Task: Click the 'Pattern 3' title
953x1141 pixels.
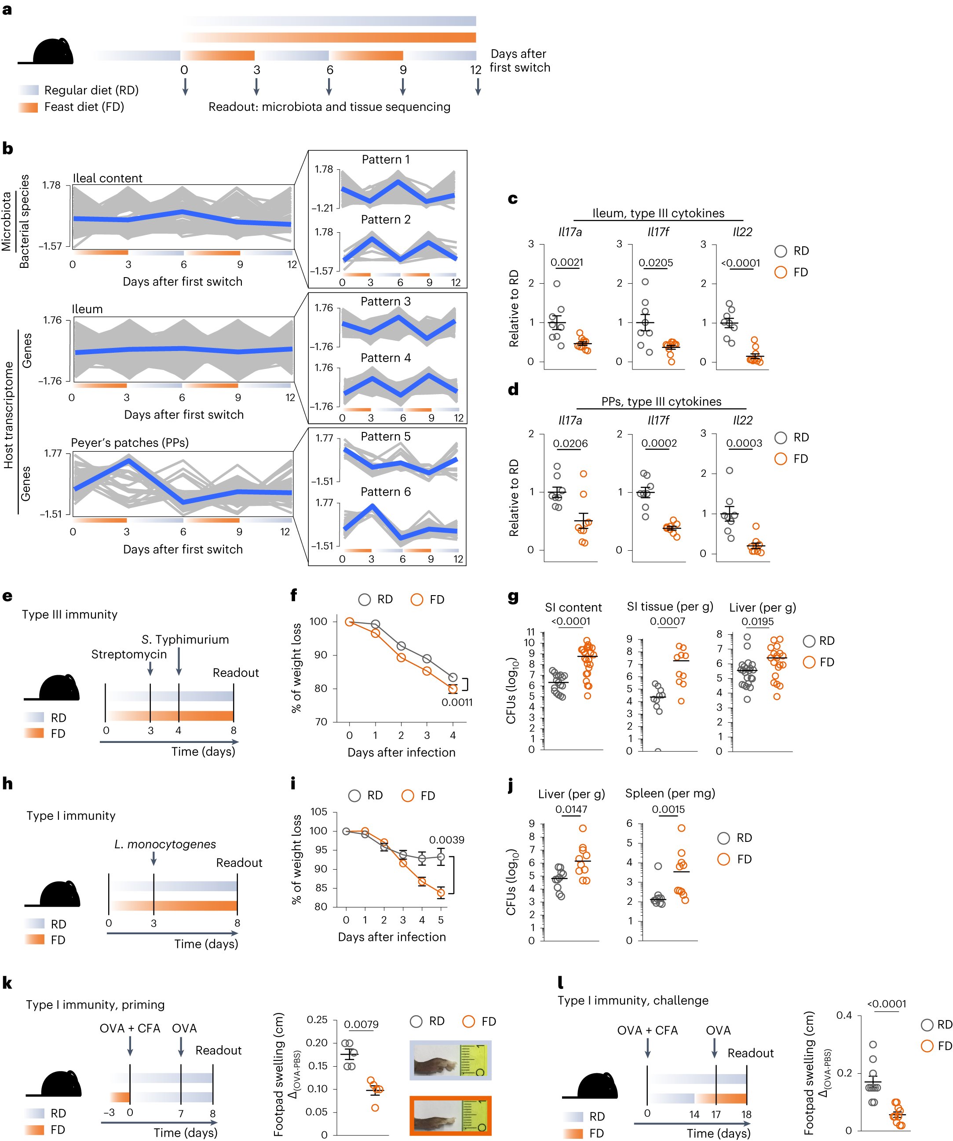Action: pos(385,302)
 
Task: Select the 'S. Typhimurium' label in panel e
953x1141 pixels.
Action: pos(185,640)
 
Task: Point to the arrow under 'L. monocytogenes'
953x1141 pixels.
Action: pos(154,859)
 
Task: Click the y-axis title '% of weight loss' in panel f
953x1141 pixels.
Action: pos(296,668)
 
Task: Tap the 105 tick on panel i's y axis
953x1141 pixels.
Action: pos(319,812)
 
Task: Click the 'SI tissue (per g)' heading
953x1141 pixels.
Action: pos(669,607)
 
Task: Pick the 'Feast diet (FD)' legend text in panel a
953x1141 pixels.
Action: pos(84,107)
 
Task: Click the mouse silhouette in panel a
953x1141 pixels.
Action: pos(52,51)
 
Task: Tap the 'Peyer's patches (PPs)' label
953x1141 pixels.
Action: pos(130,443)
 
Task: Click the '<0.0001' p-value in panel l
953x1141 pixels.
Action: pos(886,1004)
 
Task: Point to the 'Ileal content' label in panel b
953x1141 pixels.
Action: pos(108,178)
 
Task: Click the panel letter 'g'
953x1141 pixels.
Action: pos(512,598)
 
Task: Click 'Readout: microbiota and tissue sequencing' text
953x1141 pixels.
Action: pos(329,107)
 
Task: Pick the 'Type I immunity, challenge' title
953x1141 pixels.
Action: pos(632,1001)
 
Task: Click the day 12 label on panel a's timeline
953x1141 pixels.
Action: pos(475,70)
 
